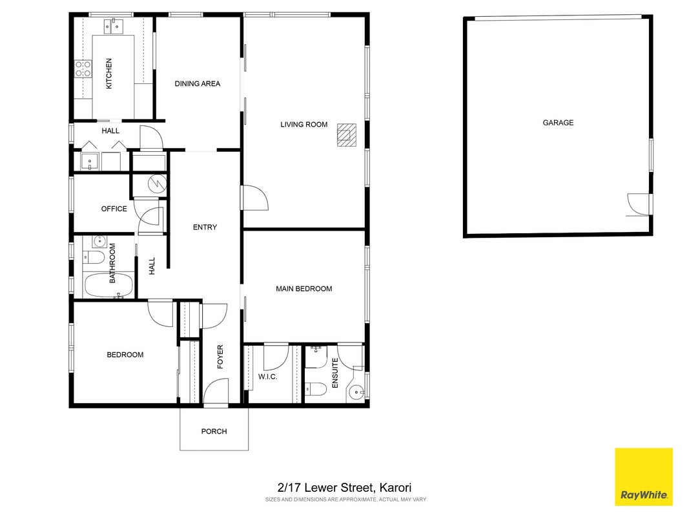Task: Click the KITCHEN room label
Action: [109, 74]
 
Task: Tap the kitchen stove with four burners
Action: [83, 69]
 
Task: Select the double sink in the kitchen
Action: [114, 26]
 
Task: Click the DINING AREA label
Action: [198, 83]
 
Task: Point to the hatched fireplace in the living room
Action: [346, 135]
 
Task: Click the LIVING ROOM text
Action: [304, 125]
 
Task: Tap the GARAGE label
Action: [558, 123]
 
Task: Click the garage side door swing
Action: [637, 204]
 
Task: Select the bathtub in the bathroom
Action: [108, 285]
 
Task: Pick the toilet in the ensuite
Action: [316, 389]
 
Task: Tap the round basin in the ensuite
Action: [356, 391]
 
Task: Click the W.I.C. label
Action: [267, 377]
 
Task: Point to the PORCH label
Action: [214, 431]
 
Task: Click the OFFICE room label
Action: [114, 209]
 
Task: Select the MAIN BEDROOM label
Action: [304, 289]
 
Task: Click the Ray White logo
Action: [644, 476]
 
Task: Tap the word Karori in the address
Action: [395, 487]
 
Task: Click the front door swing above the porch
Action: [216, 392]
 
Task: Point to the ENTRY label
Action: [205, 227]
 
